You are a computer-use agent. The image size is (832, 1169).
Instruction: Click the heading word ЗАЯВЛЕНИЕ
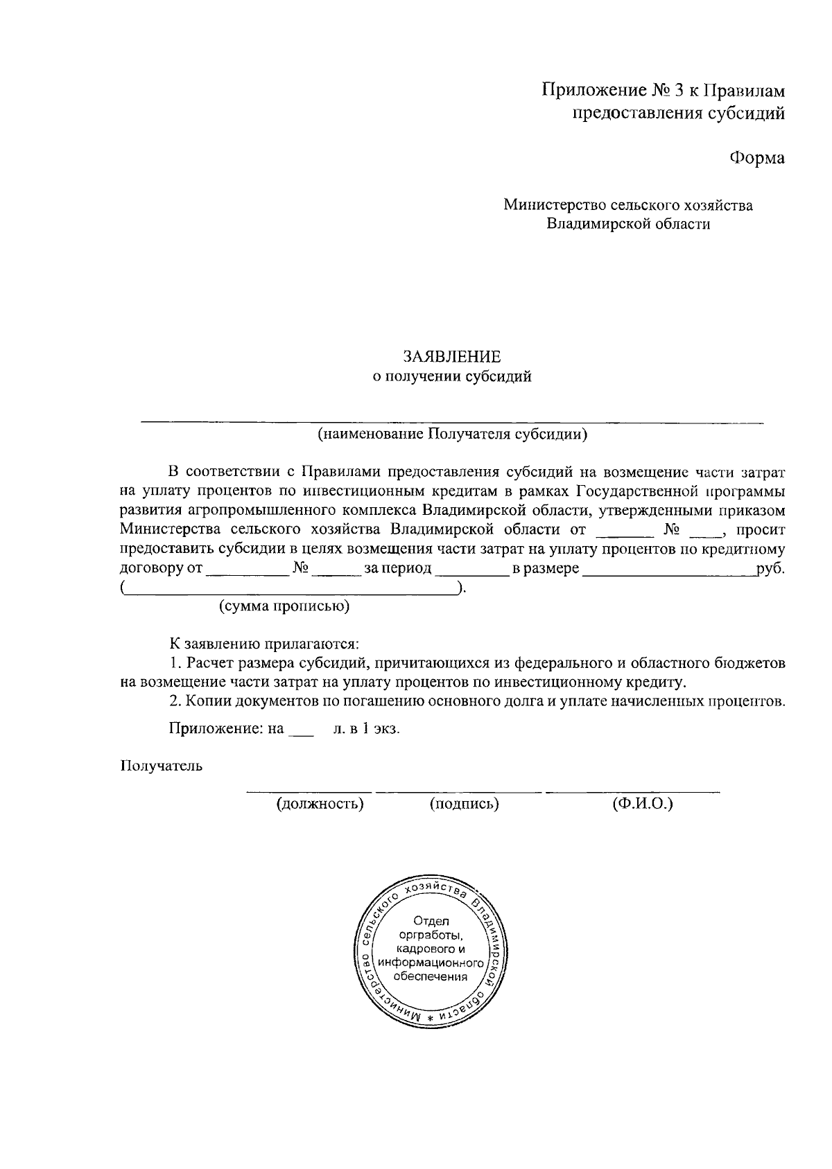point(452,357)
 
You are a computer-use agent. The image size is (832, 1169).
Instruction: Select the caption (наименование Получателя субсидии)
point(452,434)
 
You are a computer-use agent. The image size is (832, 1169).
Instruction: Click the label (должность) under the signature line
point(320,804)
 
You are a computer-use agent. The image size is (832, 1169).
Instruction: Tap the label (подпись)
point(464,804)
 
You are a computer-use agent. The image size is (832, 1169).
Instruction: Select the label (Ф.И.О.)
point(642,804)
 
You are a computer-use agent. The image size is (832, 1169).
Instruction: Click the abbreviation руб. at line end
point(771,569)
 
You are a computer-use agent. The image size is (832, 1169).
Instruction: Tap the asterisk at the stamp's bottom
point(430,1018)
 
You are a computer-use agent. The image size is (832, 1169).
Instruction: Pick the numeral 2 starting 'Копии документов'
point(175,701)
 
